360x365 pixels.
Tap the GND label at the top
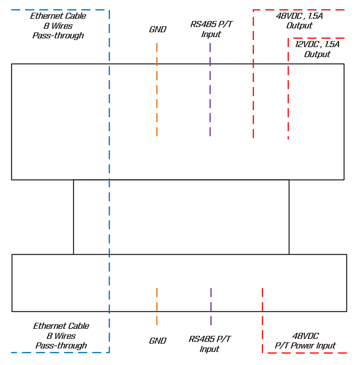pos(158,30)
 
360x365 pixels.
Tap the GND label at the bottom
pos(158,341)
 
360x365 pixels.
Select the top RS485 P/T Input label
pos(211,29)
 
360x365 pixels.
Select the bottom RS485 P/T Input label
pos(210,344)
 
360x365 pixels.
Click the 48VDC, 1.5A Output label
pos(299,21)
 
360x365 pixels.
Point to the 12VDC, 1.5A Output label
pos(317,49)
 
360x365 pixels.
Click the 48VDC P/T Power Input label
pos(305,341)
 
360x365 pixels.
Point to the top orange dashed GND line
pos(157,89)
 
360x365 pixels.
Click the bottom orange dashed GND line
pos(157,306)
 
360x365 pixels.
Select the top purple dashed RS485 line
pos(210,89)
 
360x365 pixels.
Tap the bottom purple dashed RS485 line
pos(211,306)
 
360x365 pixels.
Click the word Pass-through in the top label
pos(58,36)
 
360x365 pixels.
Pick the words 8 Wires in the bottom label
pos(61,336)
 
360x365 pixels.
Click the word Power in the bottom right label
pos(305,346)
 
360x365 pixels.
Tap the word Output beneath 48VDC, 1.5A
pos(299,26)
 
